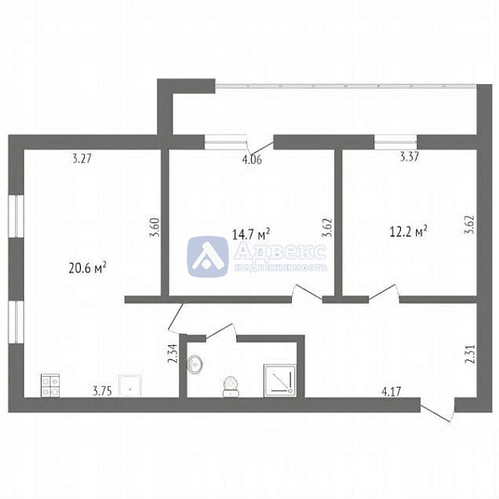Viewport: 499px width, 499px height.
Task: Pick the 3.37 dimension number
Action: [x=409, y=156]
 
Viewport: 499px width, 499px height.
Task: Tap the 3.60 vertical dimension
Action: [x=153, y=227]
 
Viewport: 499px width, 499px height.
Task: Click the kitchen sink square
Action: [x=130, y=385]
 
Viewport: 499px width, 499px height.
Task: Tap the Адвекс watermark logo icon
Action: [x=208, y=255]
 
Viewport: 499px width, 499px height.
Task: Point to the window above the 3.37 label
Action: [x=395, y=141]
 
